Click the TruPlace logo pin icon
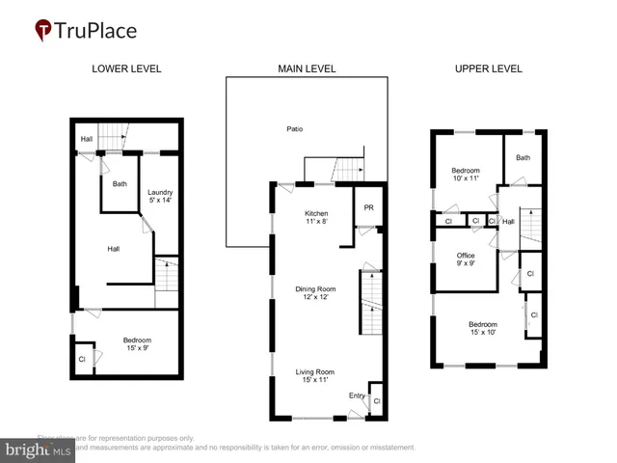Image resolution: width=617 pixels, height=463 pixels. pos(43,30)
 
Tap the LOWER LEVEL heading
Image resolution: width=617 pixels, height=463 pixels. pos(126,68)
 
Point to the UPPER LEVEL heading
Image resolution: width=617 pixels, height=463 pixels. pos(488,68)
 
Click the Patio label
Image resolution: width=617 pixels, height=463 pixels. pos(294,129)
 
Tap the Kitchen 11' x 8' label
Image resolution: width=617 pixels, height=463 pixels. pos(316,217)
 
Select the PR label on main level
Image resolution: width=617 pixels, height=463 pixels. pos(368,207)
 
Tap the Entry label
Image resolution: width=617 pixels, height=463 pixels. pos(357,395)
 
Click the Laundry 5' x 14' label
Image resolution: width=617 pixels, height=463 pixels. pos(159,196)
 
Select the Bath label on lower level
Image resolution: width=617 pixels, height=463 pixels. pos(120,184)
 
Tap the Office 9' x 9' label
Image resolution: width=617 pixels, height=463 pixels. pos(466,259)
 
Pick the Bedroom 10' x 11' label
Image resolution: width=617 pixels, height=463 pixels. pos(466,175)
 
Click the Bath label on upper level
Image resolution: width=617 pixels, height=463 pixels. pos(523,158)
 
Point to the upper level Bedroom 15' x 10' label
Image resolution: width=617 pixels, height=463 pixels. pos(482,328)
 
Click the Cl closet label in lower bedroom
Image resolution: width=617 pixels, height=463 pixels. pos(82,360)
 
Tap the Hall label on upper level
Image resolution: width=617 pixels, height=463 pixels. pos(508,222)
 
